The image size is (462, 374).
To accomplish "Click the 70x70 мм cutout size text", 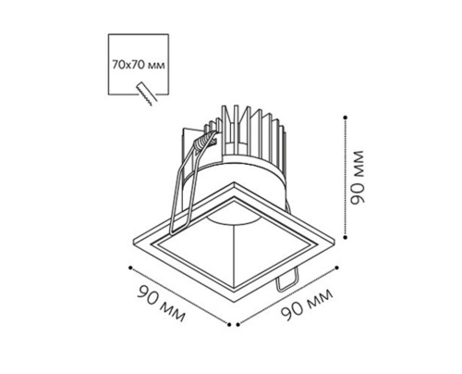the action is point(139,65).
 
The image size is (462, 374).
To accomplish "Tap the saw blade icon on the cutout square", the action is point(147,93).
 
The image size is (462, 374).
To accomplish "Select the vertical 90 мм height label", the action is point(358,178).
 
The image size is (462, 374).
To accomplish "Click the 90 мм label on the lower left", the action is point(162,304).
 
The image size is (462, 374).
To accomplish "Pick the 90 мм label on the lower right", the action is point(308,305).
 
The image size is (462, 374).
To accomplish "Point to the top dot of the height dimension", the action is point(346,118).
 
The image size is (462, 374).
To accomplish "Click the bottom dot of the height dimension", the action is point(346,237).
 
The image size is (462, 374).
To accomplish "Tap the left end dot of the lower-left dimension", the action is point(130,268).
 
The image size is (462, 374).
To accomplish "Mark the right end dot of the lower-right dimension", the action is point(336,268).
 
